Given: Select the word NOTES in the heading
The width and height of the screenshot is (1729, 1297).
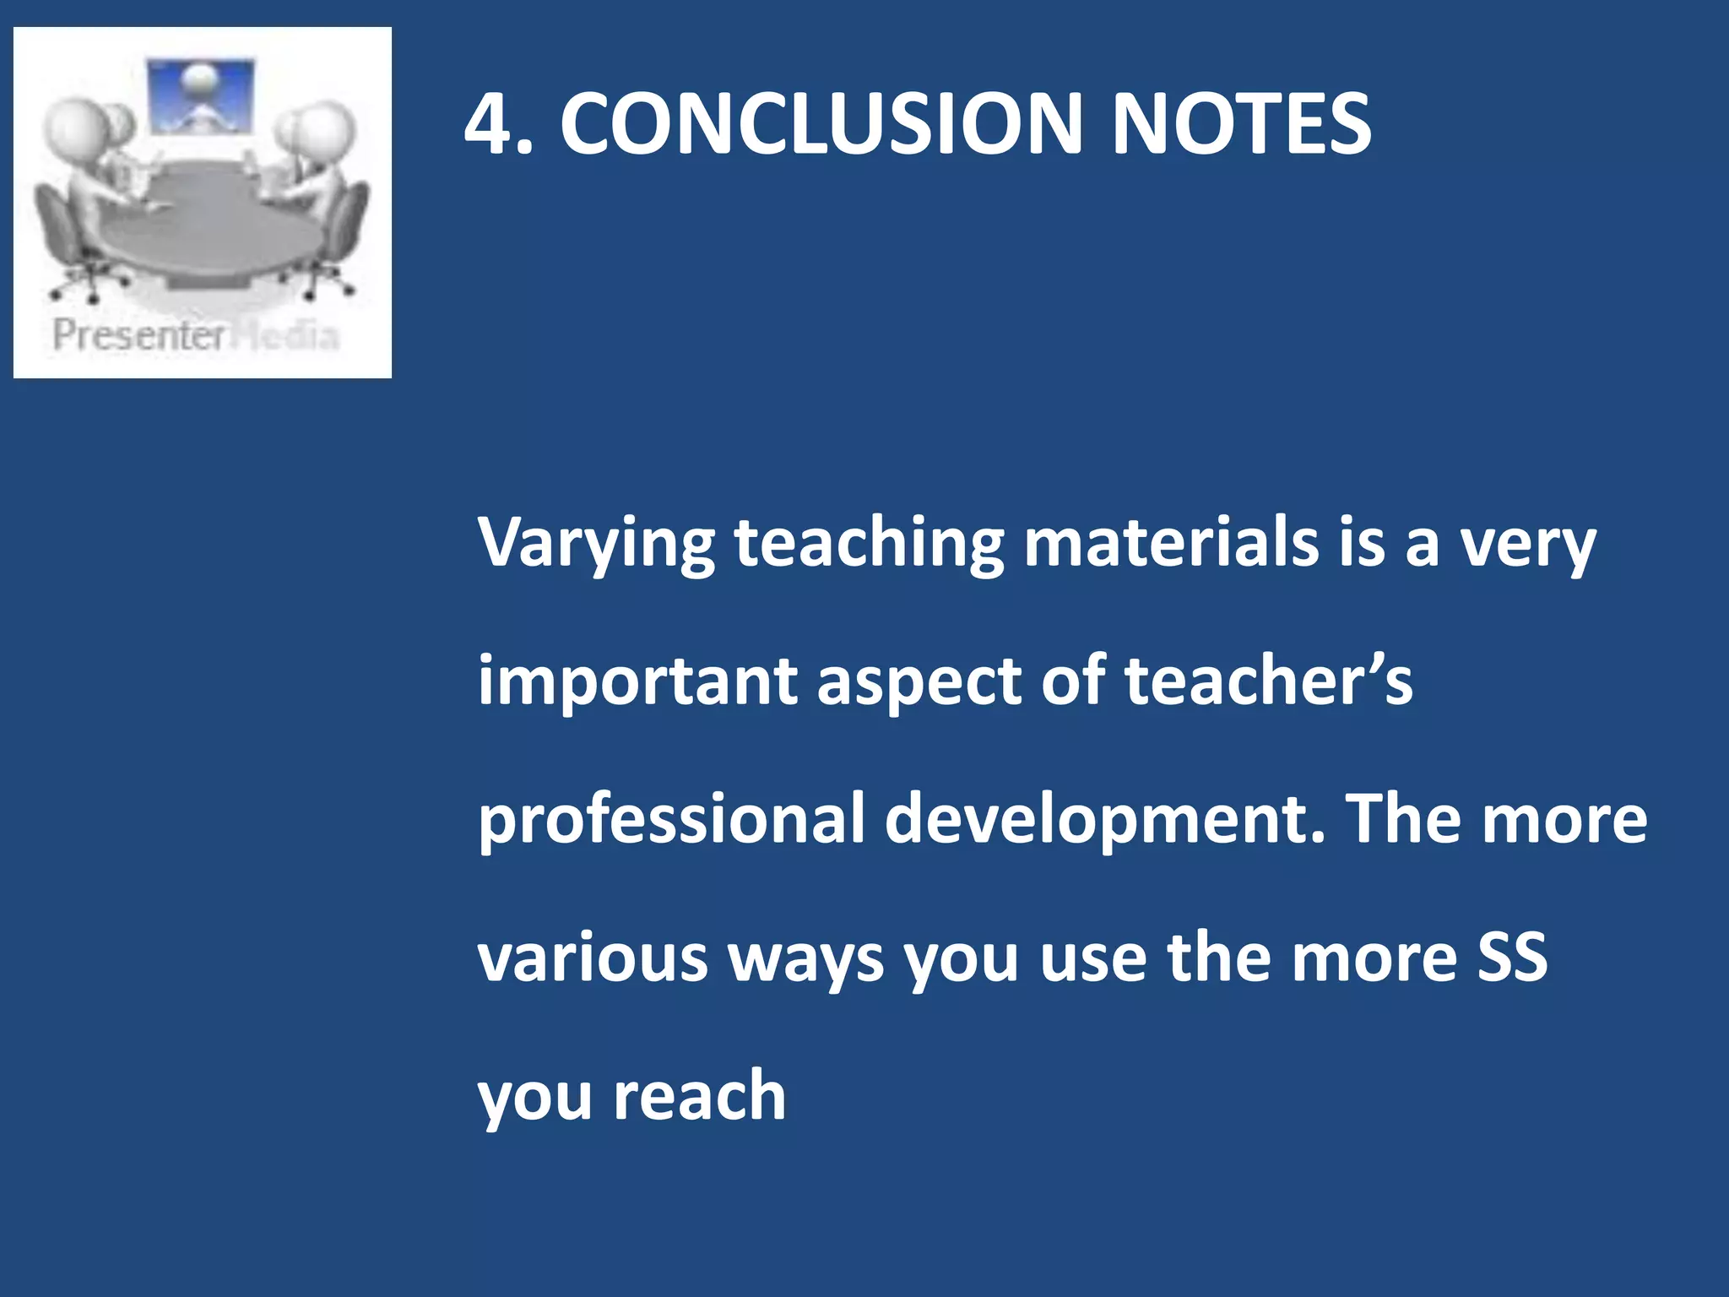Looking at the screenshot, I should (1240, 124).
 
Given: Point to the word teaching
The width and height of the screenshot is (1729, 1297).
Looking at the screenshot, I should (869, 545).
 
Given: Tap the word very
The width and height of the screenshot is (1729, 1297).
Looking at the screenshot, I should (1528, 545).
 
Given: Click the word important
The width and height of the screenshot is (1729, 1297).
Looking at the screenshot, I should (637, 682).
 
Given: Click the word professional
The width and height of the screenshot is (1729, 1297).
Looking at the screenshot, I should (672, 821).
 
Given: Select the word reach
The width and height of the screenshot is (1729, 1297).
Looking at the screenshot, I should (700, 1095).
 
